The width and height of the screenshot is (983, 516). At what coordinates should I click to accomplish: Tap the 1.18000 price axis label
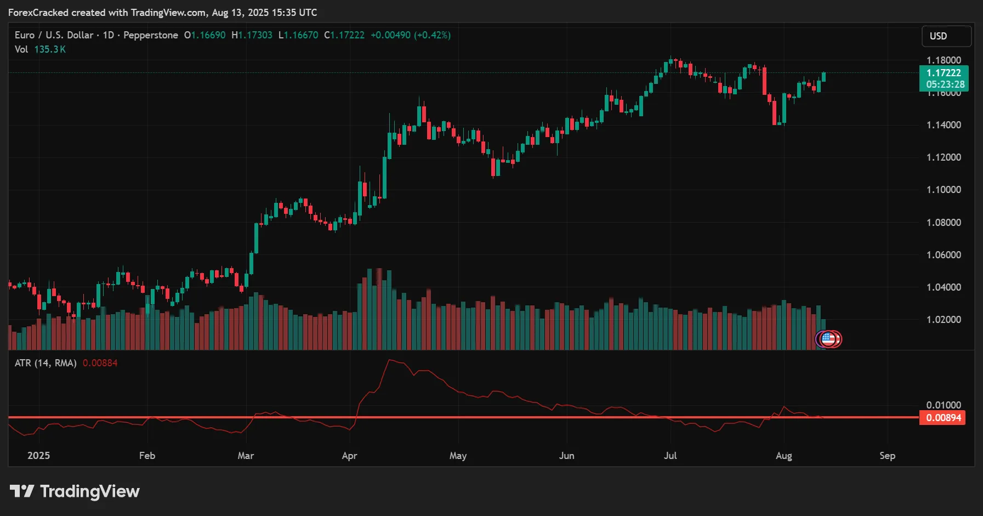point(944,60)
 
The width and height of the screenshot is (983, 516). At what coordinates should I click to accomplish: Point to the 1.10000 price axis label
point(944,190)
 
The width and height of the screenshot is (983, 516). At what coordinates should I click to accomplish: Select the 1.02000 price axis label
point(944,320)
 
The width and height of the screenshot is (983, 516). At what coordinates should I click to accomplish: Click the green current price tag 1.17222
point(944,73)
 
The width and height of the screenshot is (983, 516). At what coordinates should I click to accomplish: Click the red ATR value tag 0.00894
point(943,418)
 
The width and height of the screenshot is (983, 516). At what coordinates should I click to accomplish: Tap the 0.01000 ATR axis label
point(944,405)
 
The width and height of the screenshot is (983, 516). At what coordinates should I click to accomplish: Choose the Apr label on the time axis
point(349,456)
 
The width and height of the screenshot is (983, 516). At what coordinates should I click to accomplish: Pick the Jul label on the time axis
point(670,456)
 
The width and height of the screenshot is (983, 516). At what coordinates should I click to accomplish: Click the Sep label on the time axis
point(887,456)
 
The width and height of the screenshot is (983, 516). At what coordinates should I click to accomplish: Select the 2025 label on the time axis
point(38,456)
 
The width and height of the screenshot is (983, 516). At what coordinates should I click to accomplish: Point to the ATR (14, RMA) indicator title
point(46,363)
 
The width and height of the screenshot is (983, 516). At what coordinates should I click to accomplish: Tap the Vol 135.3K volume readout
point(40,49)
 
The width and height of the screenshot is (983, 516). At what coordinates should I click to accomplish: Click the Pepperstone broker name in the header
point(151,35)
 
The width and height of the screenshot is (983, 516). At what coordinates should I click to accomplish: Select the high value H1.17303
point(252,35)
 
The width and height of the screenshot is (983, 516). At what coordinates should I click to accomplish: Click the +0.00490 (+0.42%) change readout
point(411,35)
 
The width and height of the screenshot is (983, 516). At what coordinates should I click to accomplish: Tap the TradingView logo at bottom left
point(75,491)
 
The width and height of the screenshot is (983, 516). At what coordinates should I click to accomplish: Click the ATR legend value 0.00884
point(100,363)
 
